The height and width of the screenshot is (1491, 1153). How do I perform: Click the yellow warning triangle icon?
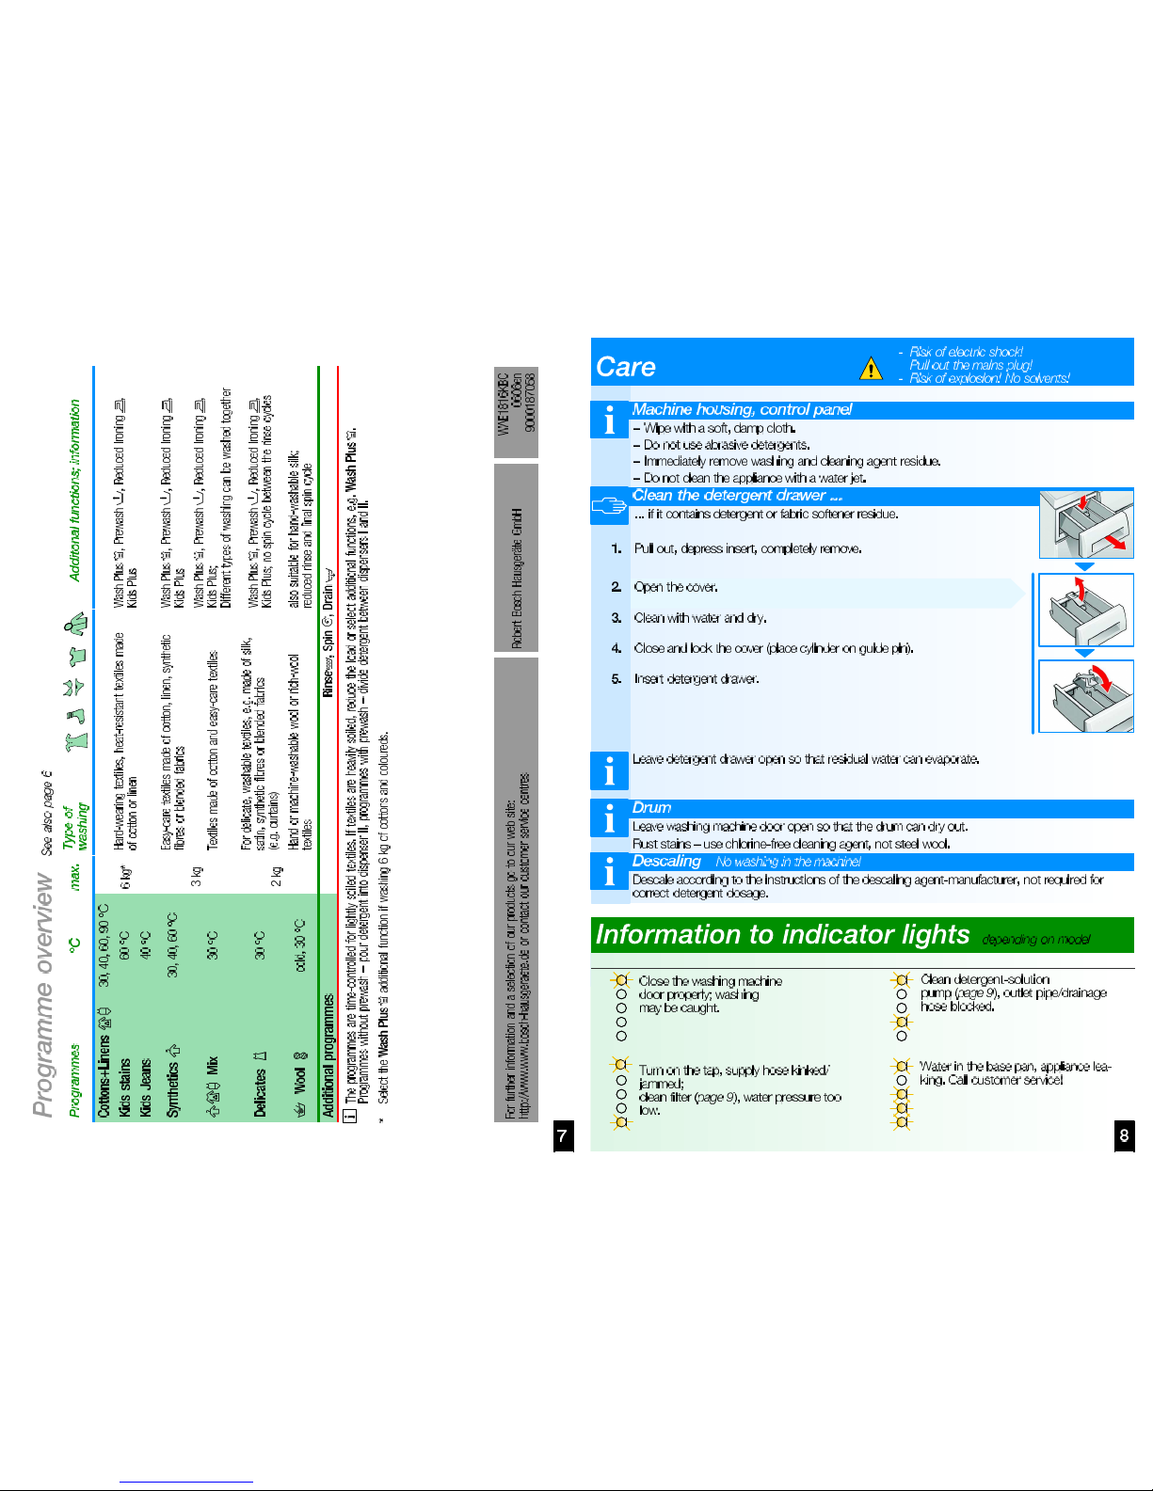coord(871,368)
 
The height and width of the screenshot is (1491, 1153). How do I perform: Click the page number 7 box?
coord(562,1135)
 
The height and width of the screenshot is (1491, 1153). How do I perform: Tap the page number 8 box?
coord(1123,1135)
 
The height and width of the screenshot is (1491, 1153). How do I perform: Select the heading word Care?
coord(626,367)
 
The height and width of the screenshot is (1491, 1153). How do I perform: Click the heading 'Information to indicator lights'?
coord(782,934)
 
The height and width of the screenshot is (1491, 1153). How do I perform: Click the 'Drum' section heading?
coord(651,807)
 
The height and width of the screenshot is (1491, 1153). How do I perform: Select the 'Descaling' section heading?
coord(666,861)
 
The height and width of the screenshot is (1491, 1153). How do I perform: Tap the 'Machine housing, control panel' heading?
coord(742,409)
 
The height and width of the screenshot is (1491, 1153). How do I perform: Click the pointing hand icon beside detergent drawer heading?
coord(609,506)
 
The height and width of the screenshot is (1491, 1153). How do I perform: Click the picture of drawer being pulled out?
coord(1085,524)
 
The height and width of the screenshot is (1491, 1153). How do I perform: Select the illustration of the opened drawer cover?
coord(1085,610)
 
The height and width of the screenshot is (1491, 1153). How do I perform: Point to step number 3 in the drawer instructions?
coord(617,618)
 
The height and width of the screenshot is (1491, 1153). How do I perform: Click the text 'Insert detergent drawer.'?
coord(697,678)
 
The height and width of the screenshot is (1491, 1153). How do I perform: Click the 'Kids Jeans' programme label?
coord(145,1087)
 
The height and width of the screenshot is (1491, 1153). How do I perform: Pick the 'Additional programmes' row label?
coord(328,1055)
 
